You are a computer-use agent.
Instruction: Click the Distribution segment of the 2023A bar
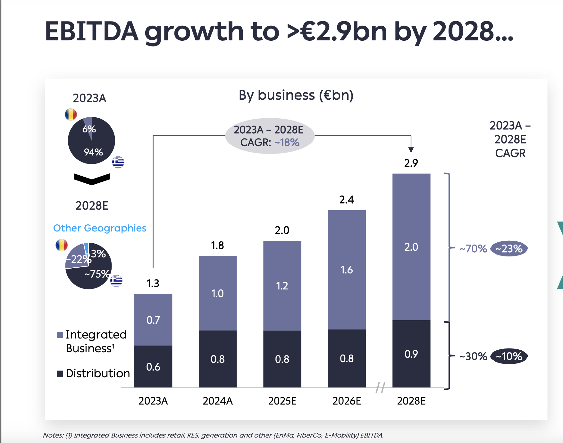(153, 366)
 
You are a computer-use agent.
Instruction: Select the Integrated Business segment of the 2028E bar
(411, 247)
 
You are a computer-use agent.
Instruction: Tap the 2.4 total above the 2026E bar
(347, 200)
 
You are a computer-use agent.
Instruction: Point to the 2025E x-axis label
(282, 401)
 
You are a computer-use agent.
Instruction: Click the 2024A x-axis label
(218, 401)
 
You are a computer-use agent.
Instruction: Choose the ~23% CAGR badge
(509, 248)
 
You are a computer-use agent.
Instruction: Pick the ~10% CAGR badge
(509, 356)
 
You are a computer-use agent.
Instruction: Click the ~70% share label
(473, 248)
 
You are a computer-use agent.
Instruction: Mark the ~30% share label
(473, 356)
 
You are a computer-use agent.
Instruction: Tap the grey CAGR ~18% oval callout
(270, 136)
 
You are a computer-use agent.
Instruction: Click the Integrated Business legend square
(60, 335)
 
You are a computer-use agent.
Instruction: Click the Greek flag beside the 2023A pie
(118, 162)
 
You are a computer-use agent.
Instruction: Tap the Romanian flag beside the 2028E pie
(62, 245)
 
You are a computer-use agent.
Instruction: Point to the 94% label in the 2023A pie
(93, 152)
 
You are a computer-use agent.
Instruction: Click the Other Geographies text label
(100, 228)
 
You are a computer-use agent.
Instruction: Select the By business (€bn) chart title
(296, 95)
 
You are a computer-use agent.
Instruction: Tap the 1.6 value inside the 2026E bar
(347, 270)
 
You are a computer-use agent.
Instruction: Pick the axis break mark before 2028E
(380, 388)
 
